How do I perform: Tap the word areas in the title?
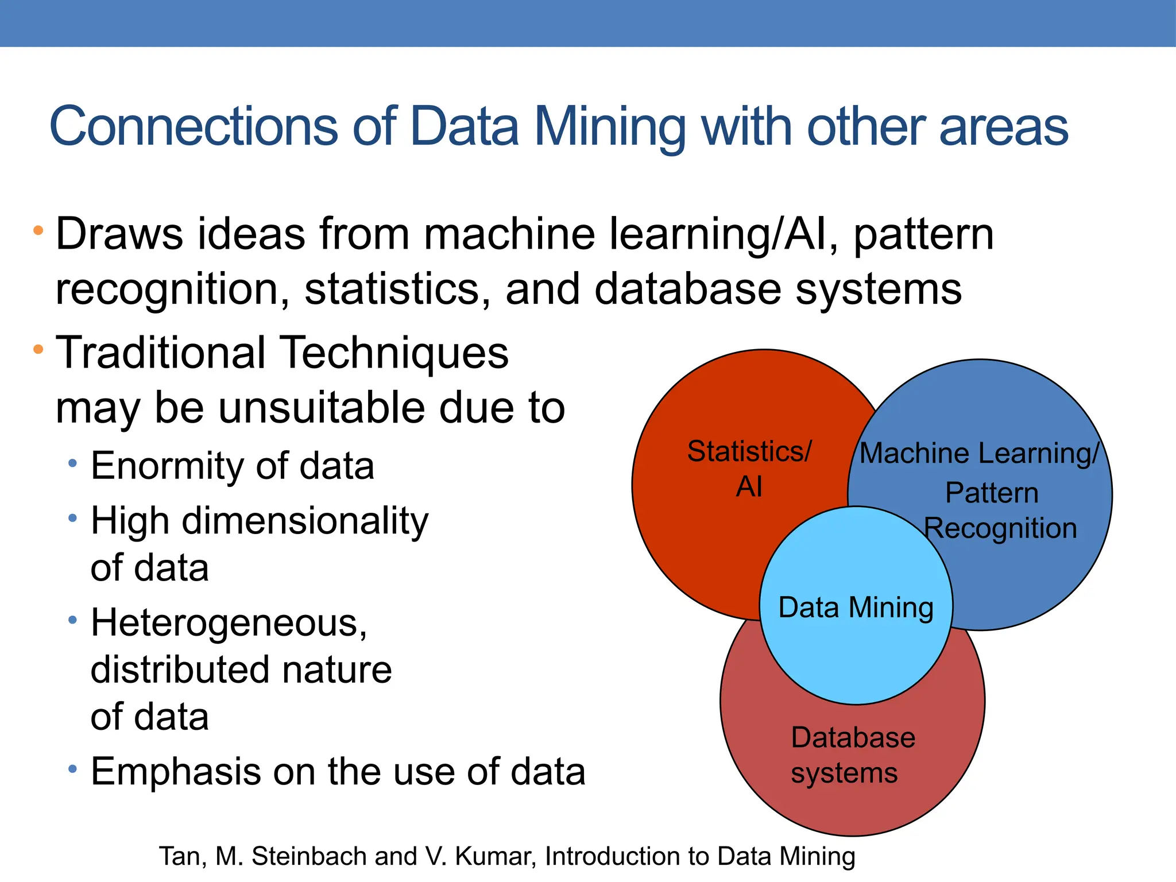1004,127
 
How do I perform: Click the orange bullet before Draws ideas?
38,231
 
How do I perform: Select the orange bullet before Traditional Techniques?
38,349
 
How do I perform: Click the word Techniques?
396,353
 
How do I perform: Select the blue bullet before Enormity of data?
72,463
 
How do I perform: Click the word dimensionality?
305,521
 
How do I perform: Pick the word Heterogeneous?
229,623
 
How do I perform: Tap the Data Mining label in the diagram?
856,608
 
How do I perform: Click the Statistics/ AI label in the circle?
749,469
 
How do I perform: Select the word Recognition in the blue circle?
1000,528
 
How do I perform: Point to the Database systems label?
852,755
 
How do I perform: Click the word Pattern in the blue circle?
992,493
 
